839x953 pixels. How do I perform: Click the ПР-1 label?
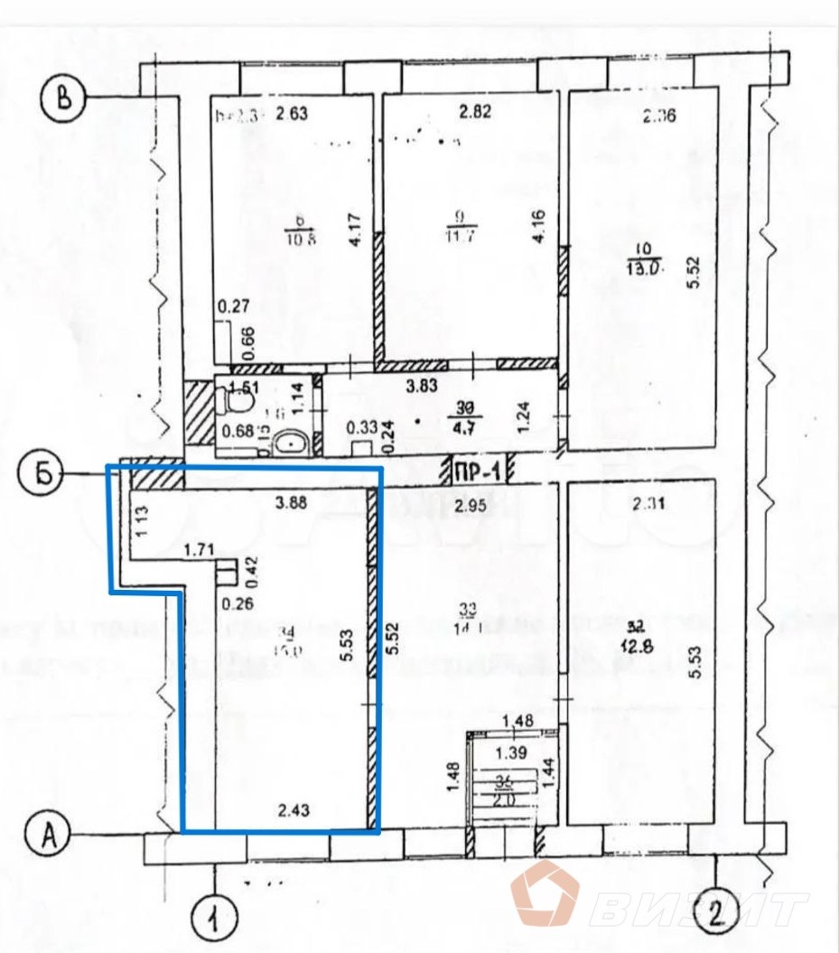(x=477, y=470)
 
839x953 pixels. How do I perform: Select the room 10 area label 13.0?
(x=645, y=267)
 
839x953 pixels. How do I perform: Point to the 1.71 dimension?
(x=198, y=548)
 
